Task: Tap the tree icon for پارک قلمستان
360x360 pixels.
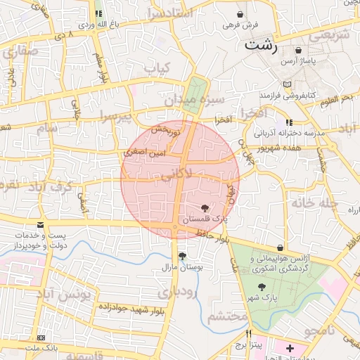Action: click(x=205, y=208)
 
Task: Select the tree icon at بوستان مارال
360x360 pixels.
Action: click(x=183, y=256)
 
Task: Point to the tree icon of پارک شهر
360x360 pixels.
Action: click(x=262, y=287)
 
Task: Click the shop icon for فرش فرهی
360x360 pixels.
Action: click(x=241, y=14)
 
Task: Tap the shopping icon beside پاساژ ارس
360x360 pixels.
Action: click(x=301, y=51)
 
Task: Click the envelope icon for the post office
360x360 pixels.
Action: click(x=40, y=225)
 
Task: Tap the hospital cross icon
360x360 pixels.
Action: click(x=290, y=348)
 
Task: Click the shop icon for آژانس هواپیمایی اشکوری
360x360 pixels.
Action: click(x=281, y=248)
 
